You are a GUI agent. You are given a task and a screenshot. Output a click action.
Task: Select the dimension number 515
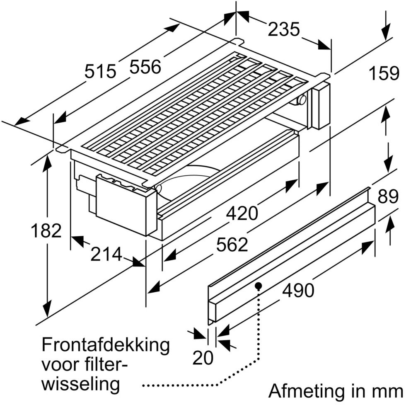pos(100,71)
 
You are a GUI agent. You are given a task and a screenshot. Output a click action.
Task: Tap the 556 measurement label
pos(145,66)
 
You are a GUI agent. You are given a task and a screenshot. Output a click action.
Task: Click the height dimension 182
pos(46,230)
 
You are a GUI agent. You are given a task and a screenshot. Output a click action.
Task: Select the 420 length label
pos(242,213)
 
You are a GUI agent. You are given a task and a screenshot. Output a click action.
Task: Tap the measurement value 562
pos(232,245)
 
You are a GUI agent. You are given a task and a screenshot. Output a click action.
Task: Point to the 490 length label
pos(298,291)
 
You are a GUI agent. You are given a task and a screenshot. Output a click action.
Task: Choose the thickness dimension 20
pos(203,356)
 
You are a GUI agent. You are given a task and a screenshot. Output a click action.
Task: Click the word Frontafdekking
pos(106,345)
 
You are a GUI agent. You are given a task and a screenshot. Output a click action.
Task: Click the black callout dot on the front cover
pos(259,286)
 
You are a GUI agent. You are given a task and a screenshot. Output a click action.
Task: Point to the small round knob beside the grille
pos(302,99)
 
